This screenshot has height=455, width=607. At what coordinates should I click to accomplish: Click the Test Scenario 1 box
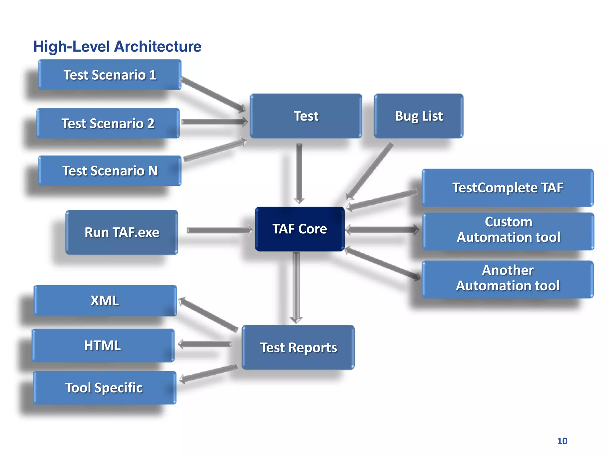click(110, 75)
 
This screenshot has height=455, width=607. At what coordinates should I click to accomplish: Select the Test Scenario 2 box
click(108, 123)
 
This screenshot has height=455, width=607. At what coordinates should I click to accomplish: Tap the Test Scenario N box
click(110, 171)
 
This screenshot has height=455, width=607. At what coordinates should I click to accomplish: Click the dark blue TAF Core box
click(300, 229)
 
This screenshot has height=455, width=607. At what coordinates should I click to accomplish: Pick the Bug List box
click(418, 116)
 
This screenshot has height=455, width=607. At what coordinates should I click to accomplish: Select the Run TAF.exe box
click(122, 232)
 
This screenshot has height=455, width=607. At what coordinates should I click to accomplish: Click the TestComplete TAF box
click(507, 188)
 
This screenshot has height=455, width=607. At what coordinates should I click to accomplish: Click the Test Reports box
click(298, 347)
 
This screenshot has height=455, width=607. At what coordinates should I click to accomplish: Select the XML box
click(105, 300)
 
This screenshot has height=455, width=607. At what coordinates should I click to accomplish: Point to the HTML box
click(103, 345)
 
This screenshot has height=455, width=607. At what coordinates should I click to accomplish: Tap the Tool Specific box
click(104, 388)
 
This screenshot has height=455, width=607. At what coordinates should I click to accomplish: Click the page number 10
click(562, 441)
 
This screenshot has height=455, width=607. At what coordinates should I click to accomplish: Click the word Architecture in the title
click(158, 47)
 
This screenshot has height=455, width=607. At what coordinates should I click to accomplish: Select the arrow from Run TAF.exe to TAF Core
click(219, 230)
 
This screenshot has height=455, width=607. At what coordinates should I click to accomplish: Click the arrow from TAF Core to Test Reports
click(296, 287)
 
